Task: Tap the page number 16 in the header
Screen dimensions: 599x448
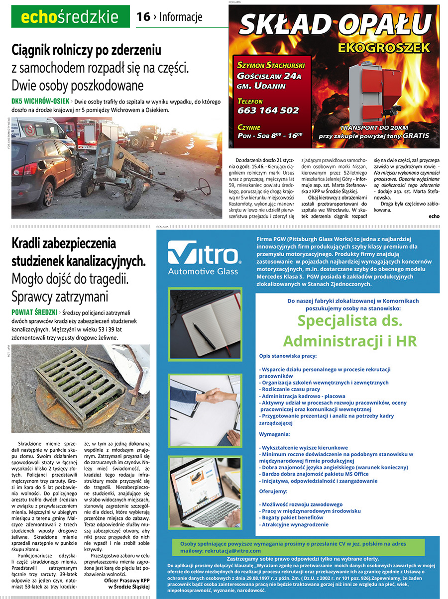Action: click(143, 17)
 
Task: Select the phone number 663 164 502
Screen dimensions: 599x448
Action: click(268, 110)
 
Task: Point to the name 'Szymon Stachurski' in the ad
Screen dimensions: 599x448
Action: click(271, 65)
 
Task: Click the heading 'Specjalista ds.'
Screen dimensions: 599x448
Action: click(350, 321)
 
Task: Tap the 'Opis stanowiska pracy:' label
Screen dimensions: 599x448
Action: click(288, 356)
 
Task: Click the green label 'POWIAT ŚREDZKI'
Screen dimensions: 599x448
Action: click(34, 312)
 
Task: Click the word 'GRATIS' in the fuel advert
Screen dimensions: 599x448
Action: click(416, 135)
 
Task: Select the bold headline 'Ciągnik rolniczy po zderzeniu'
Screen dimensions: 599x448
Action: click(87, 50)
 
